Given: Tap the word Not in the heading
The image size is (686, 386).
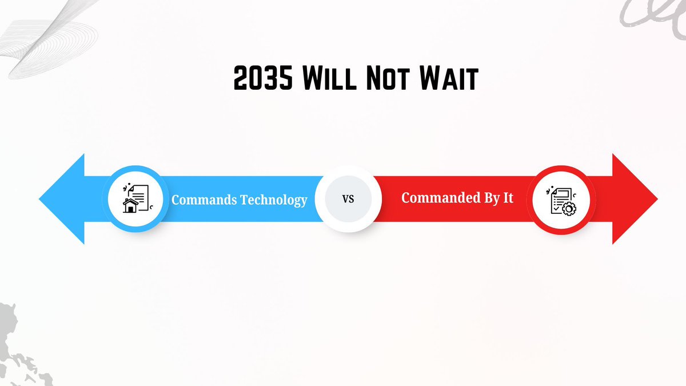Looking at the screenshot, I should pyautogui.click(x=386, y=78).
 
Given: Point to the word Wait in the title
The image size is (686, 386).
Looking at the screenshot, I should pyautogui.click(x=448, y=78).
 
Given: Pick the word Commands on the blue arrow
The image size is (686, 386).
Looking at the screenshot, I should pyautogui.click(x=204, y=200).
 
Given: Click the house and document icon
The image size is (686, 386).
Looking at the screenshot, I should pyautogui.click(x=136, y=198).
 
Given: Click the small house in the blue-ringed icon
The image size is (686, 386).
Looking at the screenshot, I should pyautogui.click(x=131, y=205).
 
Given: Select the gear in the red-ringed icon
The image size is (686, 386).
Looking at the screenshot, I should pyautogui.click(x=568, y=208).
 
